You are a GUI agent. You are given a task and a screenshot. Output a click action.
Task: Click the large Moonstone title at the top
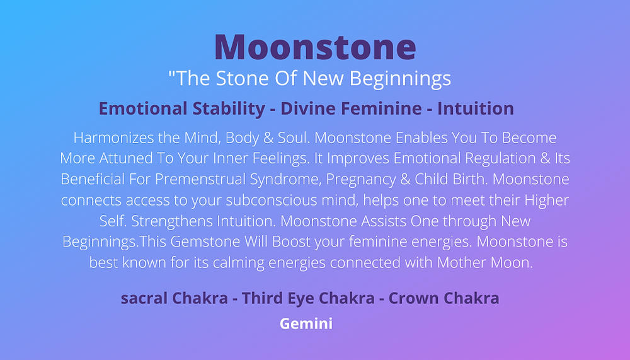(315, 47)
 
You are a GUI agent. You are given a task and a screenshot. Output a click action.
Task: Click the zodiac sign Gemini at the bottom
(306, 324)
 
